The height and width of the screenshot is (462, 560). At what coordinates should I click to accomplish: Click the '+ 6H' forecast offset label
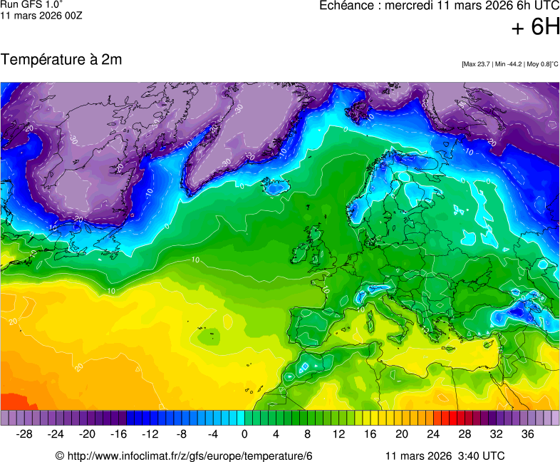click(x=536, y=27)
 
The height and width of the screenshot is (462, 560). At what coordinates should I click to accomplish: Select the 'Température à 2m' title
click(x=61, y=60)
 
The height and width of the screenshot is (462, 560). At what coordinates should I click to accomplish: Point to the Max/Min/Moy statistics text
click(x=509, y=64)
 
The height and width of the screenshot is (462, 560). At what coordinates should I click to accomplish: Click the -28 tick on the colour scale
click(x=25, y=434)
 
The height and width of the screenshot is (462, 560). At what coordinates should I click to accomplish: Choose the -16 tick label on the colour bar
click(x=119, y=434)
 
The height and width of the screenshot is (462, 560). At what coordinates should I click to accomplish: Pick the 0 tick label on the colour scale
click(x=245, y=434)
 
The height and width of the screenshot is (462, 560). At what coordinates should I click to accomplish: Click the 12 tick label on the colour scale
click(x=338, y=434)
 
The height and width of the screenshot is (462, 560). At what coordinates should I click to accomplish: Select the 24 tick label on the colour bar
click(x=433, y=434)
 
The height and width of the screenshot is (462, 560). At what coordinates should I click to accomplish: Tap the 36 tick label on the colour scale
click(x=527, y=434)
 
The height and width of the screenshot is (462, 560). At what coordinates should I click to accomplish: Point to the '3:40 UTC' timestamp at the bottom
click(x=482, y=456)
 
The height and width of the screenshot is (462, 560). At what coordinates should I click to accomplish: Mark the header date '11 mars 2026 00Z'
click(x=41, y=15)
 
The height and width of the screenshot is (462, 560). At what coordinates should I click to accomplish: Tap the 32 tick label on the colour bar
click(x=496, y=434)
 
